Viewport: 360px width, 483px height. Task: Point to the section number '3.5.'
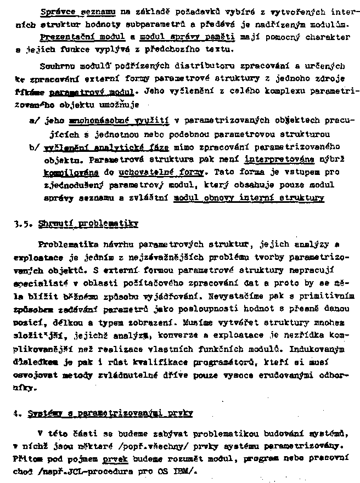[24, 224]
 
